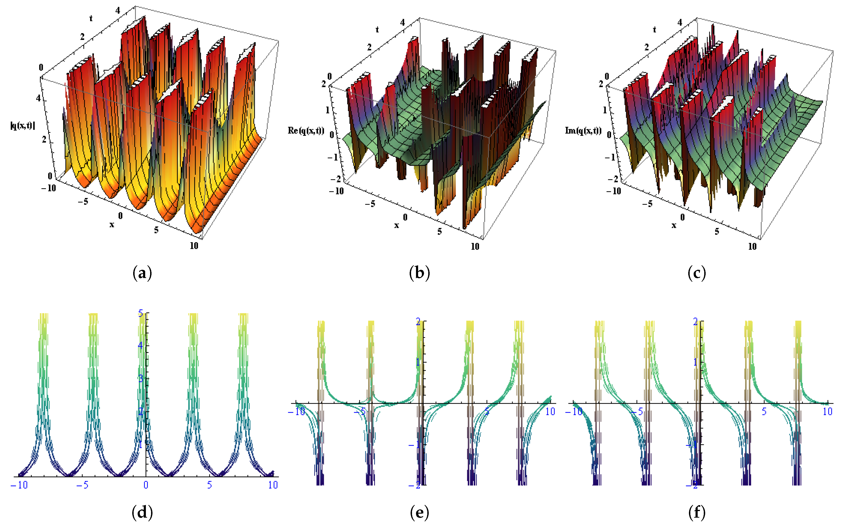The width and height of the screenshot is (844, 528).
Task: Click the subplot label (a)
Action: [142, 273]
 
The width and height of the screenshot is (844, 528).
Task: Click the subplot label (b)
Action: [419, 273]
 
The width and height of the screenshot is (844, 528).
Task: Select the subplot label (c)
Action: [697, 273]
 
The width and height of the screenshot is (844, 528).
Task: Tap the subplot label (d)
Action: [142, 513]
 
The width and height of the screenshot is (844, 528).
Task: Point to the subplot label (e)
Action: [419, 513]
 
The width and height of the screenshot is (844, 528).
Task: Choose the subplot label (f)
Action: [697, 513]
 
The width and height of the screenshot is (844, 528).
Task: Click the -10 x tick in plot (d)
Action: [19, 485]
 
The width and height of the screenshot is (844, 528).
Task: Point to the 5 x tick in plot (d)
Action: [209, 485]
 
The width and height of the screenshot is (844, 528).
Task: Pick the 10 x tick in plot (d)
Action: [273, 485]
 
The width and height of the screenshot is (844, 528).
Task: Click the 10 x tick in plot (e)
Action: [550, 412]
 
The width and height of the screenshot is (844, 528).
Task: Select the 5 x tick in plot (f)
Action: [764, 412]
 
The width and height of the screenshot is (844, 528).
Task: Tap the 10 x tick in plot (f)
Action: [828, 412]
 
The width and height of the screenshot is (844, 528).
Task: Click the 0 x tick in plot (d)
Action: [146, 485]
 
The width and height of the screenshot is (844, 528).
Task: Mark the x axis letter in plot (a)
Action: [112, 225]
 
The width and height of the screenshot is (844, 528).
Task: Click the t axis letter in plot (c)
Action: [654, 30]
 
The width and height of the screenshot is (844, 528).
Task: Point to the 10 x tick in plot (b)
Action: [475, 246]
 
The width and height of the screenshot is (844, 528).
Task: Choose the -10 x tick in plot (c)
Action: [614, 191]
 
